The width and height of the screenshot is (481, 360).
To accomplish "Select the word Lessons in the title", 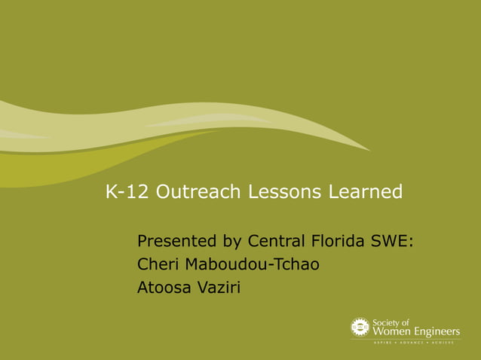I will pyautogui.click(x=286, y=193).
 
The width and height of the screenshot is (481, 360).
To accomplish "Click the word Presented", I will pyautogui.click(x=177, y=242).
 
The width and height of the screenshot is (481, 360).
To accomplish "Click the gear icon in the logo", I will pyautogui.click(x=360, y=326).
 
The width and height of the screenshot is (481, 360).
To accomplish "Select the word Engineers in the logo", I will pyautogui.click(x=435, y=331).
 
